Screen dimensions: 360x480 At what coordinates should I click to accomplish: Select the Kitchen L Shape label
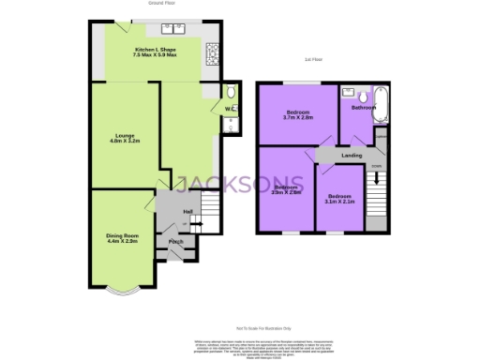pyautogui.click(x=157, y=49)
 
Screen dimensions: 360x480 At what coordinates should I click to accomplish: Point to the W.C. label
pyautogui.click(x=228, y=110)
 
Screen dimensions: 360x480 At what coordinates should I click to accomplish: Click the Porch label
pyautogui.click(x=175, y=242)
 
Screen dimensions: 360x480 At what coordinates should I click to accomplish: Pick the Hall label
pyautogui.click(x=188, y=212)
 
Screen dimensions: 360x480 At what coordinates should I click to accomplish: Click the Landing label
pyautogui.click(x=352, y=155)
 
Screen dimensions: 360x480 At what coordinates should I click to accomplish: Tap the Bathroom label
pyautogui.click(x=364, y=108)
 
